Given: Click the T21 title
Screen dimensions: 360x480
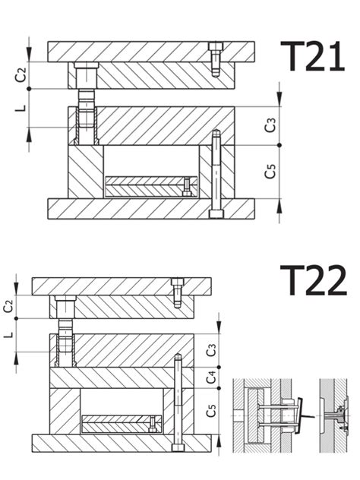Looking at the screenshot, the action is pos(313,56).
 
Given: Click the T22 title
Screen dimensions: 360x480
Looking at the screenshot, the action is pos(314,280).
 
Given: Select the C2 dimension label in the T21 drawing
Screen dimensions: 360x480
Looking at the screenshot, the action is pos(21,75).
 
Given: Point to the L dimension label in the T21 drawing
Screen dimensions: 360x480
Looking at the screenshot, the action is pos(21,108).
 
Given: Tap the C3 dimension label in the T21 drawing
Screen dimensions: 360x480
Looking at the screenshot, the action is pos(270,125).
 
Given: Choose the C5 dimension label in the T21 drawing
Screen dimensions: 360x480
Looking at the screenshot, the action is pos(270,172).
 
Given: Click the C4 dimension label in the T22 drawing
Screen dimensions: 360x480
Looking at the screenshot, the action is pos(211,377).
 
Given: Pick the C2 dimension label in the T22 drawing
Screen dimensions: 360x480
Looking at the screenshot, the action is pos(8,306).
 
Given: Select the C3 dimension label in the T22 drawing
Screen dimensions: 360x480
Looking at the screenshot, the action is pos(211,350).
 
